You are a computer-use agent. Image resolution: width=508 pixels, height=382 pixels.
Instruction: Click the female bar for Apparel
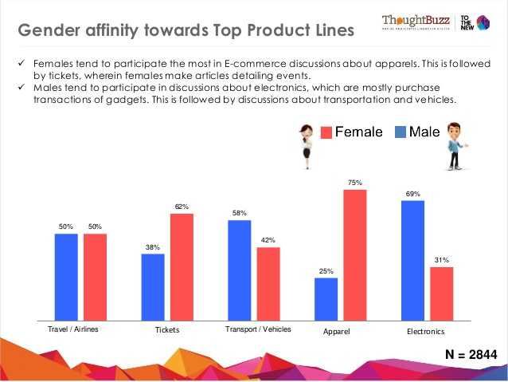(354, 254)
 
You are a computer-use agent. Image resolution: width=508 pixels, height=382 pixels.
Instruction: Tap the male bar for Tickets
(153, 286)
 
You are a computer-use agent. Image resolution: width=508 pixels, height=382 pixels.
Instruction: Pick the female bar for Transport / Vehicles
(268, 283)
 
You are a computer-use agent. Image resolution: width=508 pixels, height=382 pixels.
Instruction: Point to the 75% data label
(355, 183)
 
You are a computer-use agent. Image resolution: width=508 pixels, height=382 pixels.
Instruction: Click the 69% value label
(413, 194)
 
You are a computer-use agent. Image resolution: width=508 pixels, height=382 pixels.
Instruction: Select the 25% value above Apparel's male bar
(326, 271)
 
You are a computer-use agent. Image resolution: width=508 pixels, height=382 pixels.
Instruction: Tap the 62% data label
(182, 207)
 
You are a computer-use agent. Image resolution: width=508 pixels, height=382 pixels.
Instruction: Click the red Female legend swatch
(326, 132)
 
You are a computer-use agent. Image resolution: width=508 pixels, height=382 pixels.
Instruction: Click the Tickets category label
(168, 330)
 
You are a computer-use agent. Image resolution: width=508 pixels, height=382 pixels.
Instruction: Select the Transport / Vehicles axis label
(258, 329)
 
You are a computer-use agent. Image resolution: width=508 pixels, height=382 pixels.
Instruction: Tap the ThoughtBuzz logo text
(416, 19)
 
